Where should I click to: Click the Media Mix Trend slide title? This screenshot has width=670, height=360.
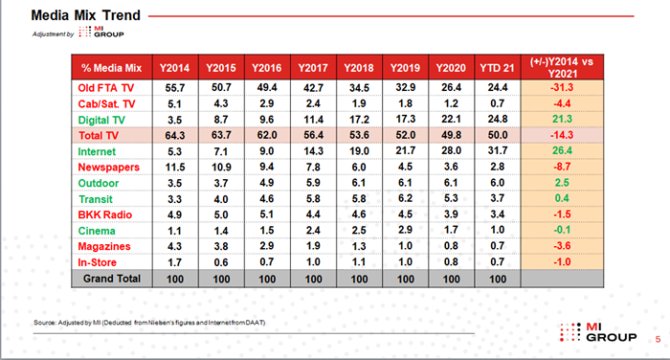point(86,15)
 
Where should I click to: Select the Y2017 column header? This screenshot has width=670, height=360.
point(313,68)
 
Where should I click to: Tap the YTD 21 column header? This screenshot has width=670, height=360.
point(497,68)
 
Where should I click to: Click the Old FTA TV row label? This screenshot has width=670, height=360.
point(106,88)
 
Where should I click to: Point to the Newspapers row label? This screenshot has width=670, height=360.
point(108,168)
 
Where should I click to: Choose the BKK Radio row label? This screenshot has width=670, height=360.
point(104,214)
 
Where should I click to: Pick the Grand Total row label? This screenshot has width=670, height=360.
point(112,279)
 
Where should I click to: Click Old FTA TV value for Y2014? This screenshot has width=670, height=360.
point(175,88)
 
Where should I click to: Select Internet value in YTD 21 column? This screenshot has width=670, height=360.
point(498,151)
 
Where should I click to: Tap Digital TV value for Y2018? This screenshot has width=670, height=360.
point(359,120)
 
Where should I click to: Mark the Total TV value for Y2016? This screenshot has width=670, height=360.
point(267,135)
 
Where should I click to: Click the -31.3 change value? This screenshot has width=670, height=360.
point(562,87)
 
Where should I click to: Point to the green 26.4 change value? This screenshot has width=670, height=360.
point(562,150)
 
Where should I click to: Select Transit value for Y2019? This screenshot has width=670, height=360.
point(405,198)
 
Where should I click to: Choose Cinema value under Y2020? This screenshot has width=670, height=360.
point(451,230)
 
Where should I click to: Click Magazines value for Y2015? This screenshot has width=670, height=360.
point(221,246)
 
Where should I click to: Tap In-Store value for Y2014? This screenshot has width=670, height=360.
point(175,262)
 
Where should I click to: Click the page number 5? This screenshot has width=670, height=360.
point(658,339)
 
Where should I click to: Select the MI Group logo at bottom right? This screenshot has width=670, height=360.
point(598,332)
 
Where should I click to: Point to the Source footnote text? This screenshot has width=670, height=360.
point(149,323)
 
